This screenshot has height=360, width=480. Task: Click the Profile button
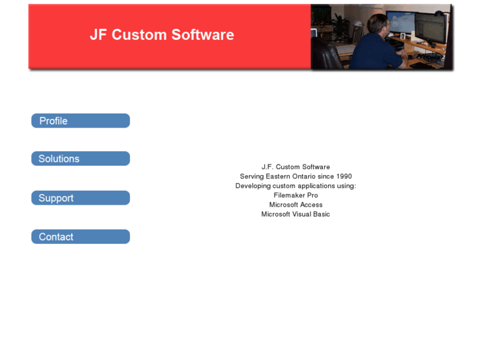[80, 121]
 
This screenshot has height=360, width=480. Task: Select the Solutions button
[80, 159]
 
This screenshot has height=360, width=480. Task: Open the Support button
[80, 198]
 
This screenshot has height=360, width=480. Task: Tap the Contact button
[80, 236]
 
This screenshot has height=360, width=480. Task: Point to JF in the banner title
[98, 35]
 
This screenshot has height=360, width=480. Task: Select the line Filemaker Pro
[296, 196]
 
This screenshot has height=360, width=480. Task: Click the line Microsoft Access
[296, 205]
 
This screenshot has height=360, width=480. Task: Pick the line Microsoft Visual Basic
[296, 214]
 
